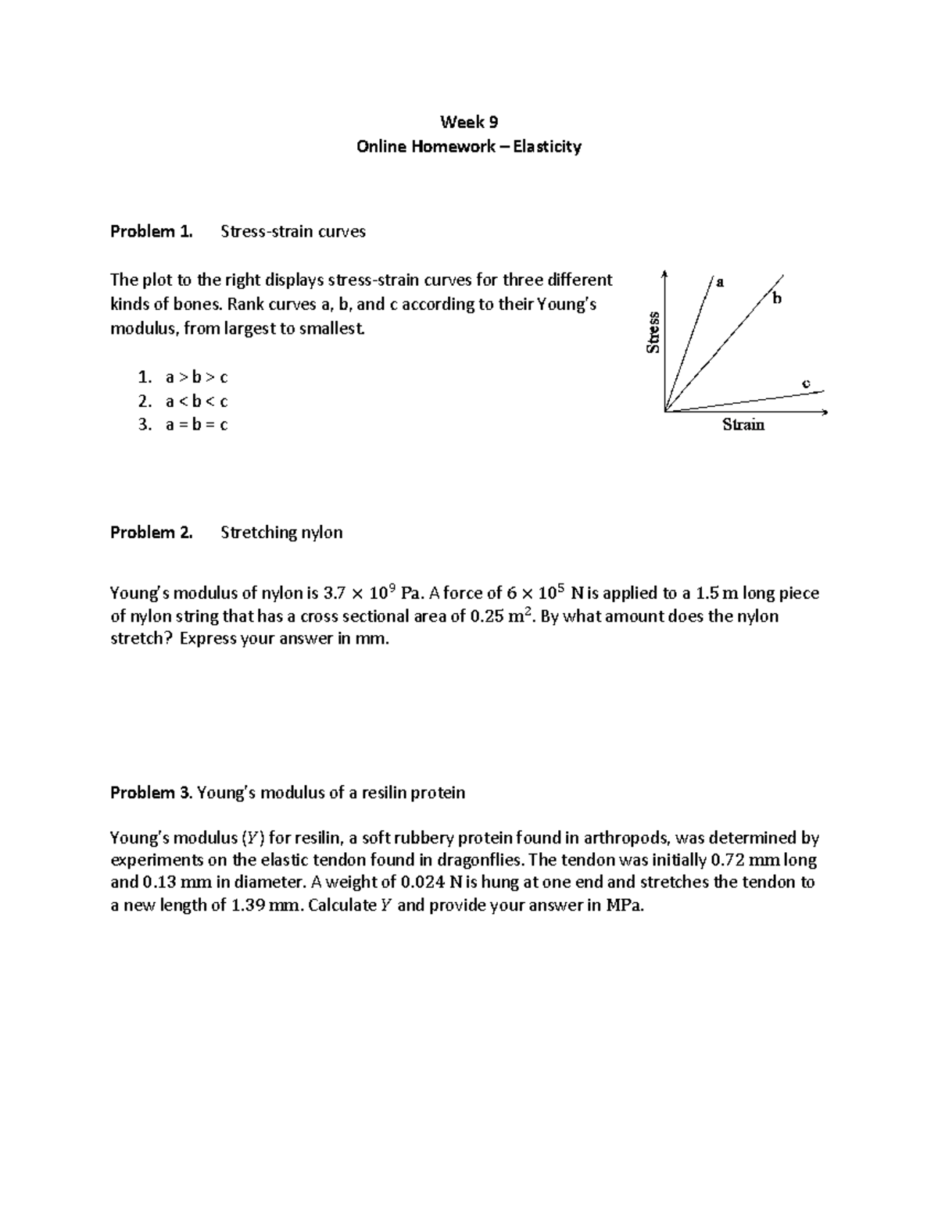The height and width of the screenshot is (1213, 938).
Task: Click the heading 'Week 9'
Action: coord(468,122)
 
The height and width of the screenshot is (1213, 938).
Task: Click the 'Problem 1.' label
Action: coord(151,231)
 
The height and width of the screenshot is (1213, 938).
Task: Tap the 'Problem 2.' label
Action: coord(151,533)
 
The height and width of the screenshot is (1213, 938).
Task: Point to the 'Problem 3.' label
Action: coord(151,793)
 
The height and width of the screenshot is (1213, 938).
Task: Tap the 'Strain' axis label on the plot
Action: coord(743,425)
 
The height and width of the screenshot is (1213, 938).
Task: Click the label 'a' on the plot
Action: coord(720,282)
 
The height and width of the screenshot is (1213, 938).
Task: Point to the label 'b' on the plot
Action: coord(776,298)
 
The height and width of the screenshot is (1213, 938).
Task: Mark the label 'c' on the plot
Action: coord(806,383)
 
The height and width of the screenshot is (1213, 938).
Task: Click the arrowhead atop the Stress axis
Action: coord(664,273)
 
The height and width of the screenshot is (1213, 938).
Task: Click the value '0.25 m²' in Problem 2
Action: coord(501,616)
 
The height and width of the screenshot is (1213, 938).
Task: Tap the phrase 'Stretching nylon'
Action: coord(281,533)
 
